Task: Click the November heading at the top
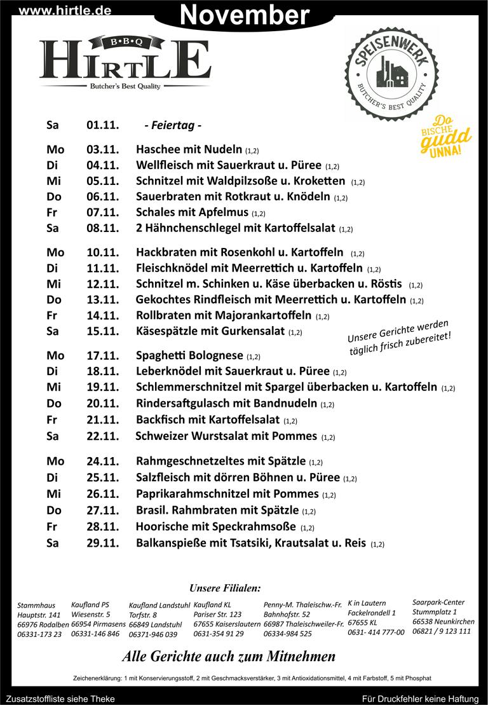(x=245, y=14)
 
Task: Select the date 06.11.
(x=103, y=197)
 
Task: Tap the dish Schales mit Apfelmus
(x=193, y=213)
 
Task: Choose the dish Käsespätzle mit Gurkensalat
(x=210, y=331)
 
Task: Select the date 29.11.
(x=103, y=543)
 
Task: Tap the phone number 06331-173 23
(x=39, y=634)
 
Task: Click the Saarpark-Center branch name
(x=438, y=602)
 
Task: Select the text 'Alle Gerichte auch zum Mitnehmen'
(x=229, y=656)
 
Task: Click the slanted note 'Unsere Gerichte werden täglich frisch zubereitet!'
(x=399, y=334)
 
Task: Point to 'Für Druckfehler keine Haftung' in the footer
(x=419, y=699)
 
